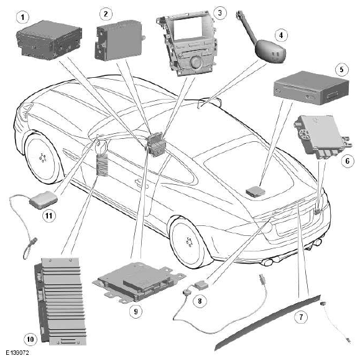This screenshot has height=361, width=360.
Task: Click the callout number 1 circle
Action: coord(22,17)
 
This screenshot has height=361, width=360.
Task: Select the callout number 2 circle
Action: coord(106,14)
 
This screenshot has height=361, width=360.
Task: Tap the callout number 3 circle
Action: coord(220,12)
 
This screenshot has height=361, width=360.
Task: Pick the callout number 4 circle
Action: coord(281,35)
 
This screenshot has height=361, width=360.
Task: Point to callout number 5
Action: coord(341,69)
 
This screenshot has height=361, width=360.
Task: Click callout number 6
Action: coord(348,161)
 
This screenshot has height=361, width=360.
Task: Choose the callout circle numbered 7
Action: coord(301,317)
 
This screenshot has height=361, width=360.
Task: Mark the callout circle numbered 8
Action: coord(200,301)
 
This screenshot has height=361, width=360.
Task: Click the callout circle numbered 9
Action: coord(136,311)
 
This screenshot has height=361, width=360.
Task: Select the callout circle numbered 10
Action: coord(30,339)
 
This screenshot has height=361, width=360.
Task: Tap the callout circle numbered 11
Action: coord(48,216)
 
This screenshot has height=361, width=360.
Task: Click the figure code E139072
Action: coord(17,353)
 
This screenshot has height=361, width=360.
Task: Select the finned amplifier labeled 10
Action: coord(60,302)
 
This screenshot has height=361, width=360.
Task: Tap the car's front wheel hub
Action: coord(190,242)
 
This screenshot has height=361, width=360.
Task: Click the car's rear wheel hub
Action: coord(42,158)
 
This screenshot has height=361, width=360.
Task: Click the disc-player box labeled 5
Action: coord(312,88)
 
